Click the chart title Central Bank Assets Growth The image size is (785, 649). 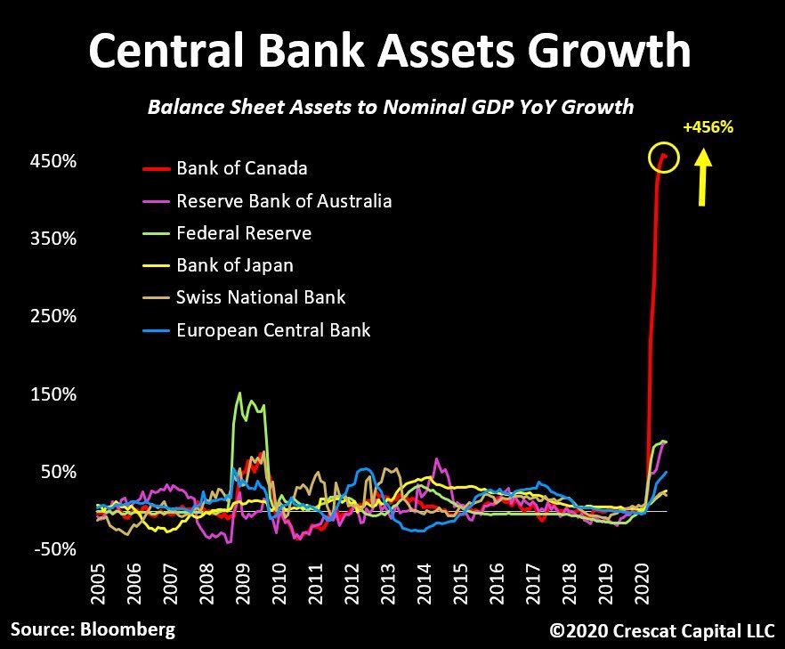390,51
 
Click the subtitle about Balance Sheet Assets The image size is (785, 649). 390,107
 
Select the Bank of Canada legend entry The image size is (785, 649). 242,168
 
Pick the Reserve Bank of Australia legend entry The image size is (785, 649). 284,200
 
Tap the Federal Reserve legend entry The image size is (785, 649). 244,233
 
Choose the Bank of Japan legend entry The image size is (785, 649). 235,265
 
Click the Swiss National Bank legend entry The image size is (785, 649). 261,297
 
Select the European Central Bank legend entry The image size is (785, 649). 273,330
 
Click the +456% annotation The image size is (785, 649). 708,127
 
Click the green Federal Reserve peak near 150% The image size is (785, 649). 239,393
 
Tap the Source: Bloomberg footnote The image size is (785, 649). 93,629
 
